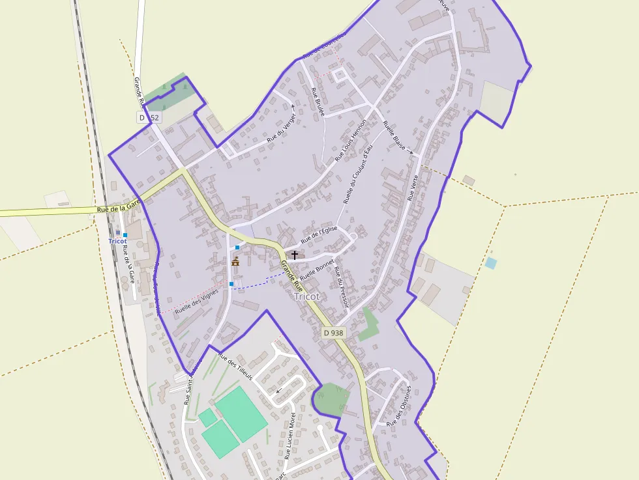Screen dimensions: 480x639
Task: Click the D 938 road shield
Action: click(x=333, y=333)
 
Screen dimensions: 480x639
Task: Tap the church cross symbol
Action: click(x=295, y=255)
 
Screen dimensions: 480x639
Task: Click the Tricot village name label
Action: click(x=306, y=296)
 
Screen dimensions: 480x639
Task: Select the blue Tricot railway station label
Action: click(x=117, y=241)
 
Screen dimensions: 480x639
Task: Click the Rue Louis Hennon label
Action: click(x=351, y=140)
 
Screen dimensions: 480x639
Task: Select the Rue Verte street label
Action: click(x=412, y=187)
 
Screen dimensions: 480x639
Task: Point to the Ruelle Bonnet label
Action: click(x=317, y=268)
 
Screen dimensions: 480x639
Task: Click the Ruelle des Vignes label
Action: click(x=196, y=303)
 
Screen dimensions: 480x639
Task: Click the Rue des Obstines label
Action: click(x=400, y=406)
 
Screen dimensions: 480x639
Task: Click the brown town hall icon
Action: click(x=235, y=262)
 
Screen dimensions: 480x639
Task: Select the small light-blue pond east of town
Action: click(x=490, y=263)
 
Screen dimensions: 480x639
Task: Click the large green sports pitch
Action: click(x=241, y=414)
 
